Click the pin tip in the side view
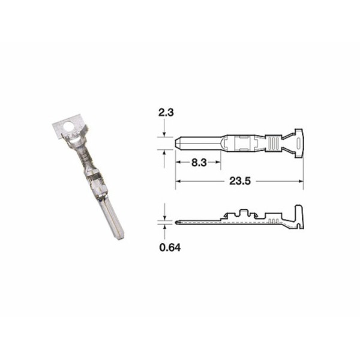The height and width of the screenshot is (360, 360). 179,221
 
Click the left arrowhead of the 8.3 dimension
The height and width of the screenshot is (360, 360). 178,162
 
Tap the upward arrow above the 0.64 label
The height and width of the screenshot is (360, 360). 164,228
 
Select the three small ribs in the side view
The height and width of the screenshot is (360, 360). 272,221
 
